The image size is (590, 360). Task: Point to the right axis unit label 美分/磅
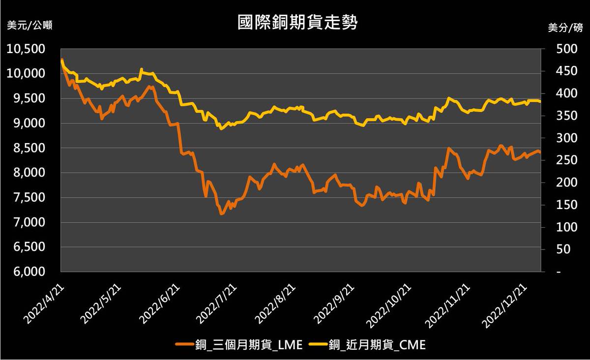point(565,28)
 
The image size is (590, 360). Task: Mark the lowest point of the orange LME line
point(221,214)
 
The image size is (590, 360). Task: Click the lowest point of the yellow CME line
point(221,129)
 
